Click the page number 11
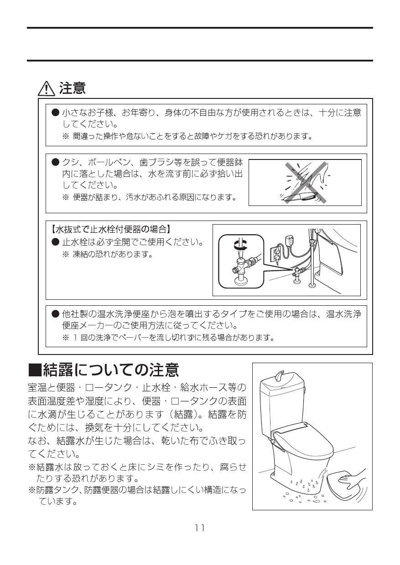pyautogui.click(x=200, y=528)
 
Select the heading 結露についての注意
pyautogui.click(x=104, y=370)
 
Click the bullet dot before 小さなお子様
pyautogui.click(x=56, y=112)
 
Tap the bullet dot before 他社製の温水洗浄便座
pyautogui.click(x=56, y=314)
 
